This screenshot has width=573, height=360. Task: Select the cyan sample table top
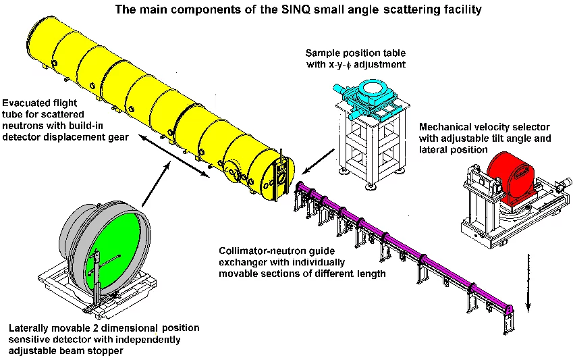click(x=371, y=95)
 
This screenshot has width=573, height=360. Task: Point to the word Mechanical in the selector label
click(x=446, y=128)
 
